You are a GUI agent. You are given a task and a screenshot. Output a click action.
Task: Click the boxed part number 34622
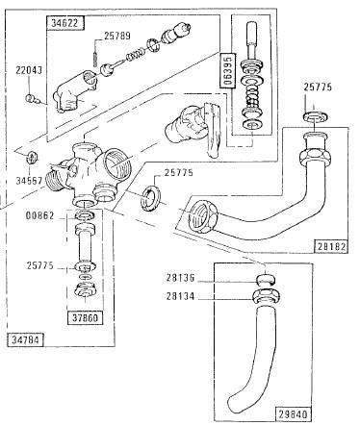[65, 23]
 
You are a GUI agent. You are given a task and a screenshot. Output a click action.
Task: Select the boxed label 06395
[227, 70]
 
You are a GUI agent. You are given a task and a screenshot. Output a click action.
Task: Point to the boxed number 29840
[294, 413]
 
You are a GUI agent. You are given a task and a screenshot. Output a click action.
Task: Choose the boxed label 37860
[85, 318]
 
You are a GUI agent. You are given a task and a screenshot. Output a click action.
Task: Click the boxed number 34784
[25, 339]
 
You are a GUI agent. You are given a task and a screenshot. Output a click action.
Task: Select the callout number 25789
[117, 36]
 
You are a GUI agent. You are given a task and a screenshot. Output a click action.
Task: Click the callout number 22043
[29, 70]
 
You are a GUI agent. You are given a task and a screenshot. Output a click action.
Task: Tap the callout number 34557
[29, 181]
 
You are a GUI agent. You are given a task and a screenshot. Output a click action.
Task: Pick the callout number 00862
[39, 215]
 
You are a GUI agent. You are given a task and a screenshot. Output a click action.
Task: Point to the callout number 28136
[180, 278]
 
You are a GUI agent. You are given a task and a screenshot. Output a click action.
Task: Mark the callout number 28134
[180, 296]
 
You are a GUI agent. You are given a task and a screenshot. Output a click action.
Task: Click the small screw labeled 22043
[32, 99]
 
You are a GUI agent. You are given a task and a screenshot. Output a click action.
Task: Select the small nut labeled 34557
[32, 157]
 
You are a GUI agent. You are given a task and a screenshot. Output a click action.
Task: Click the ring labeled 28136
[267, 280]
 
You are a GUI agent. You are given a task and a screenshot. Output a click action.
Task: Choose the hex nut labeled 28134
[266, 296]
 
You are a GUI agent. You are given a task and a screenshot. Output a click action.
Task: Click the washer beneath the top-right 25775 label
[315, 116]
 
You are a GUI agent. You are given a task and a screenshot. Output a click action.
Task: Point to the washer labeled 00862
[85, 215]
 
